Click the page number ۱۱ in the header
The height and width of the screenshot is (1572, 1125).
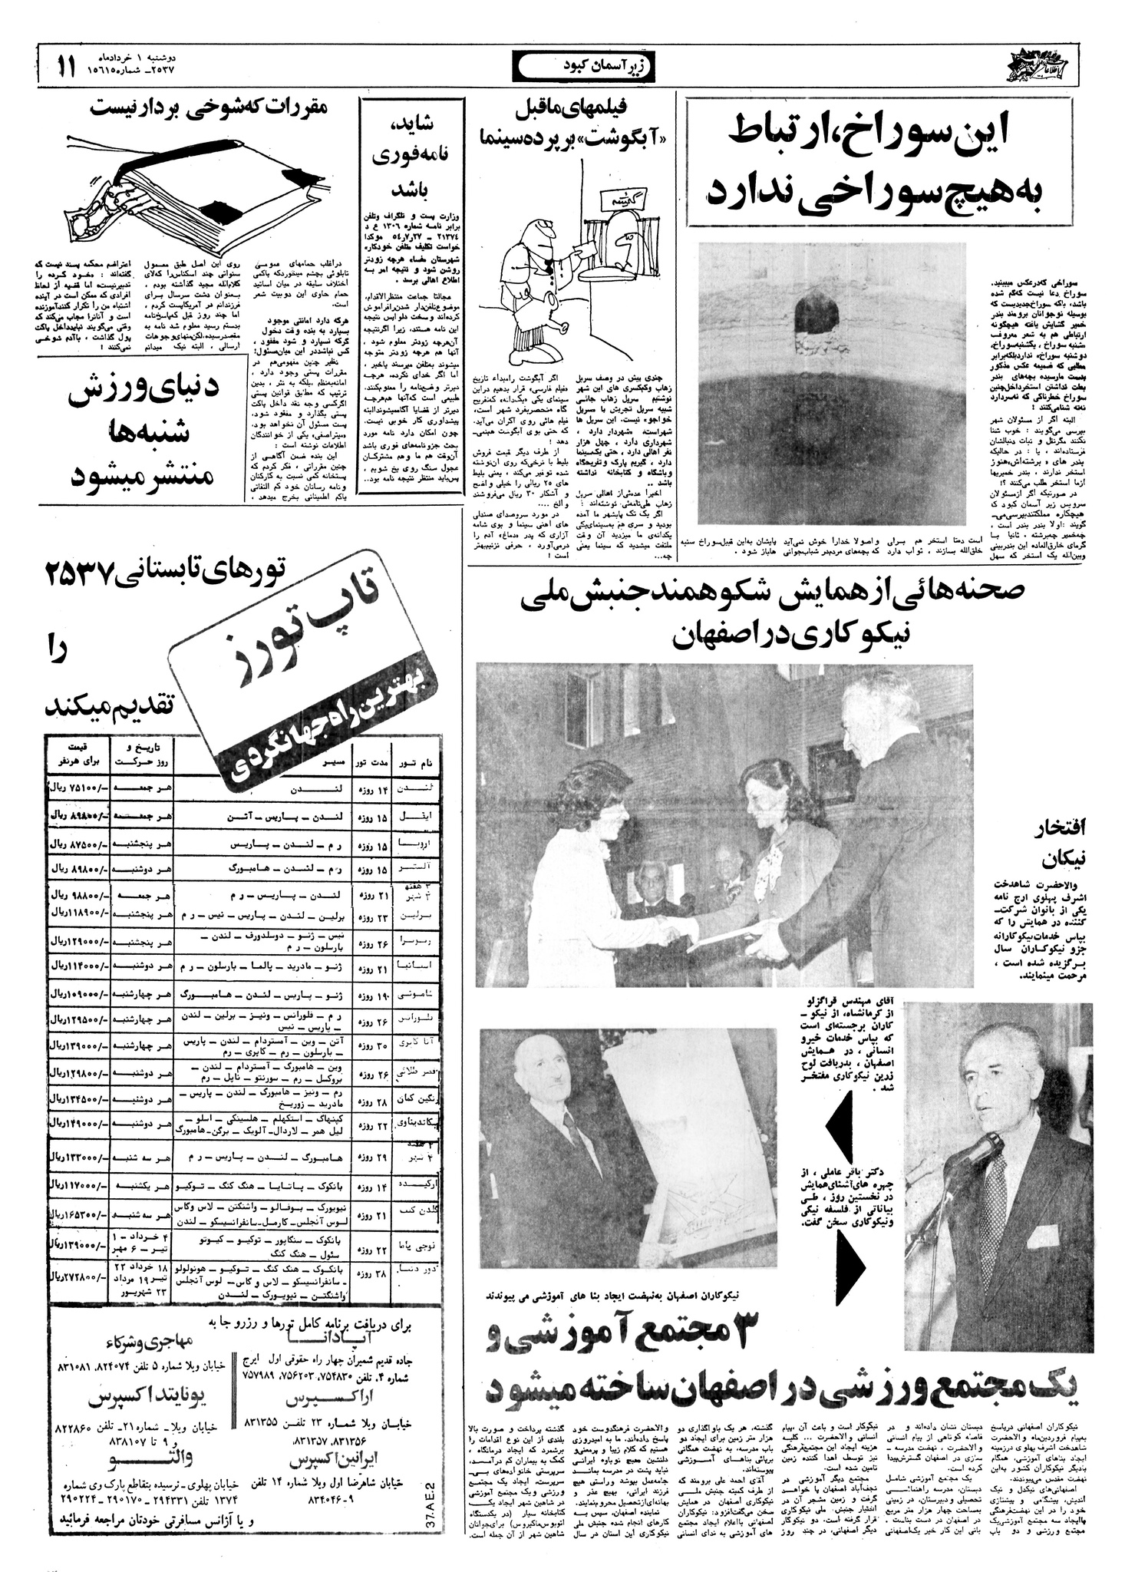click(x=65, y=66)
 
